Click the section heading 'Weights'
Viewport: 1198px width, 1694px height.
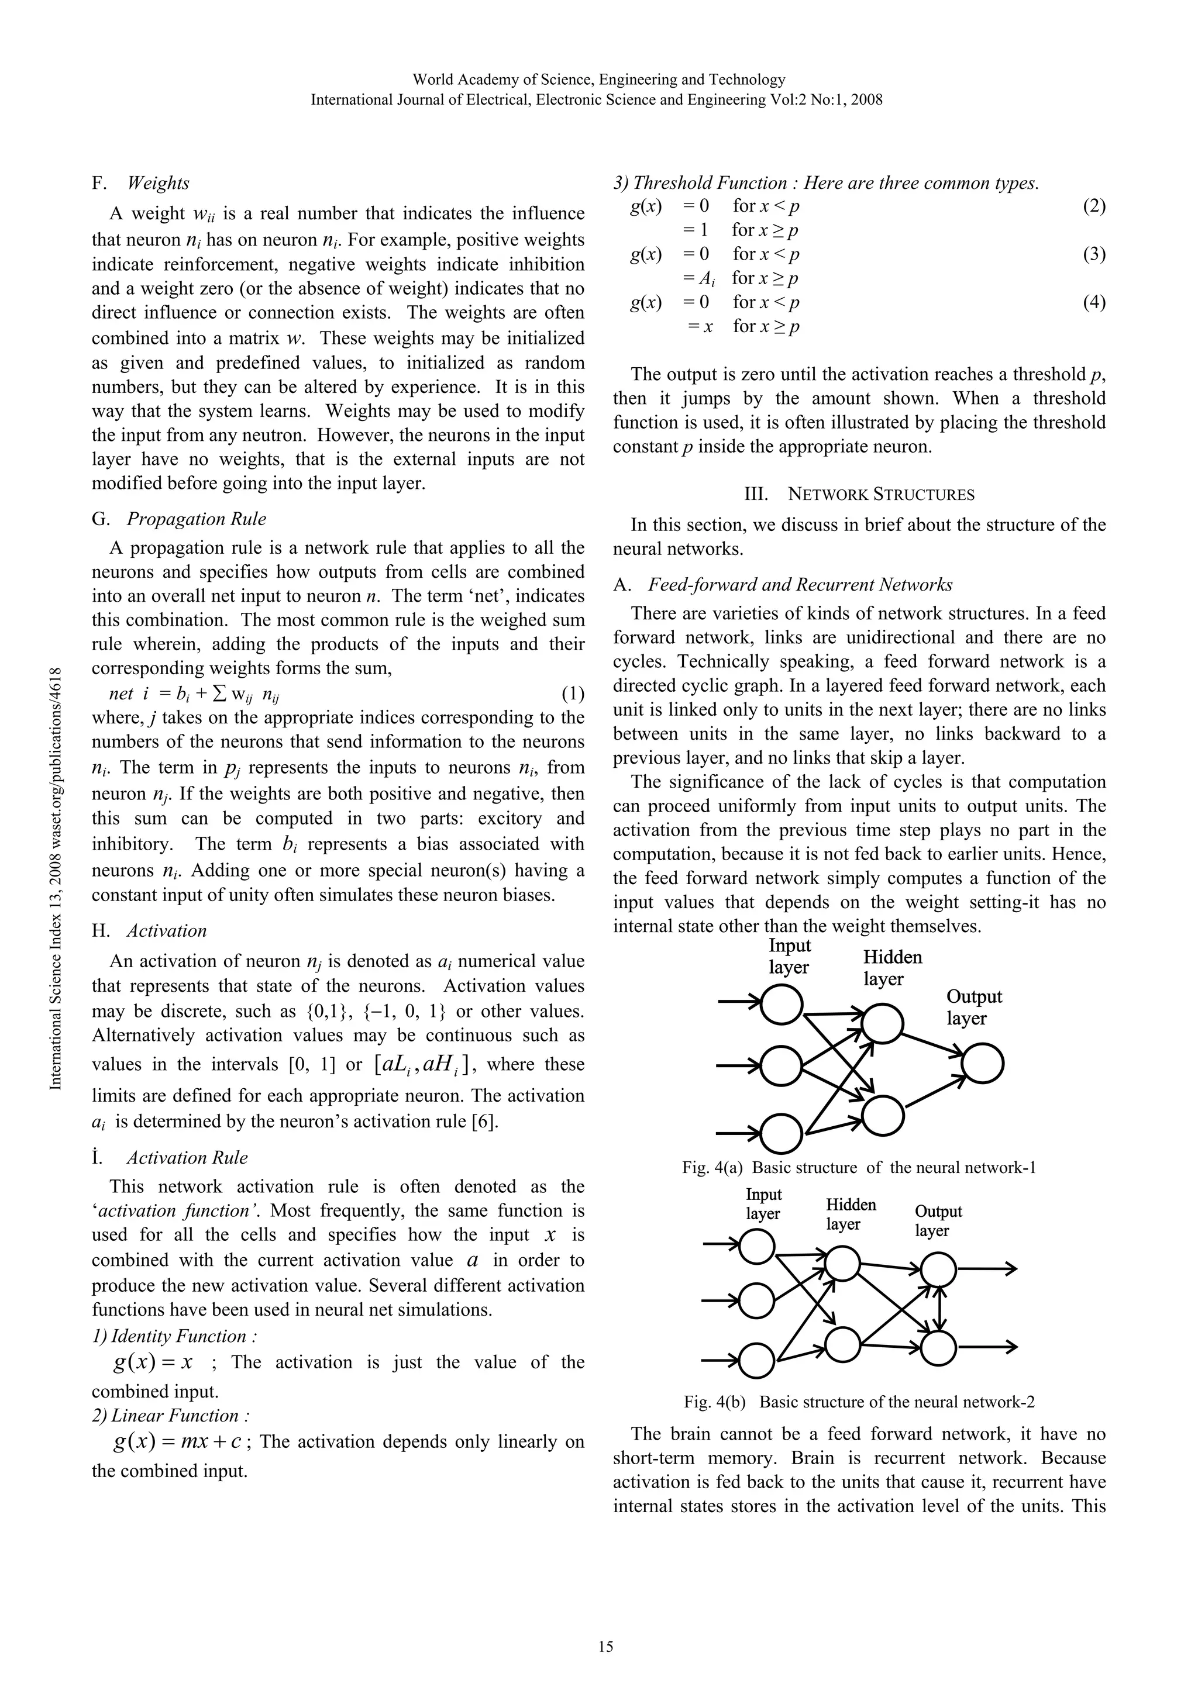pos(158,183)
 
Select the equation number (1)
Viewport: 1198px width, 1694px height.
pos(572,694)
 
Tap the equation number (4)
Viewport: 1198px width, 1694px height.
pos(1094,302)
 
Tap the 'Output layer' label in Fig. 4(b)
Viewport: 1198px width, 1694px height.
pos(938,1220)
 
